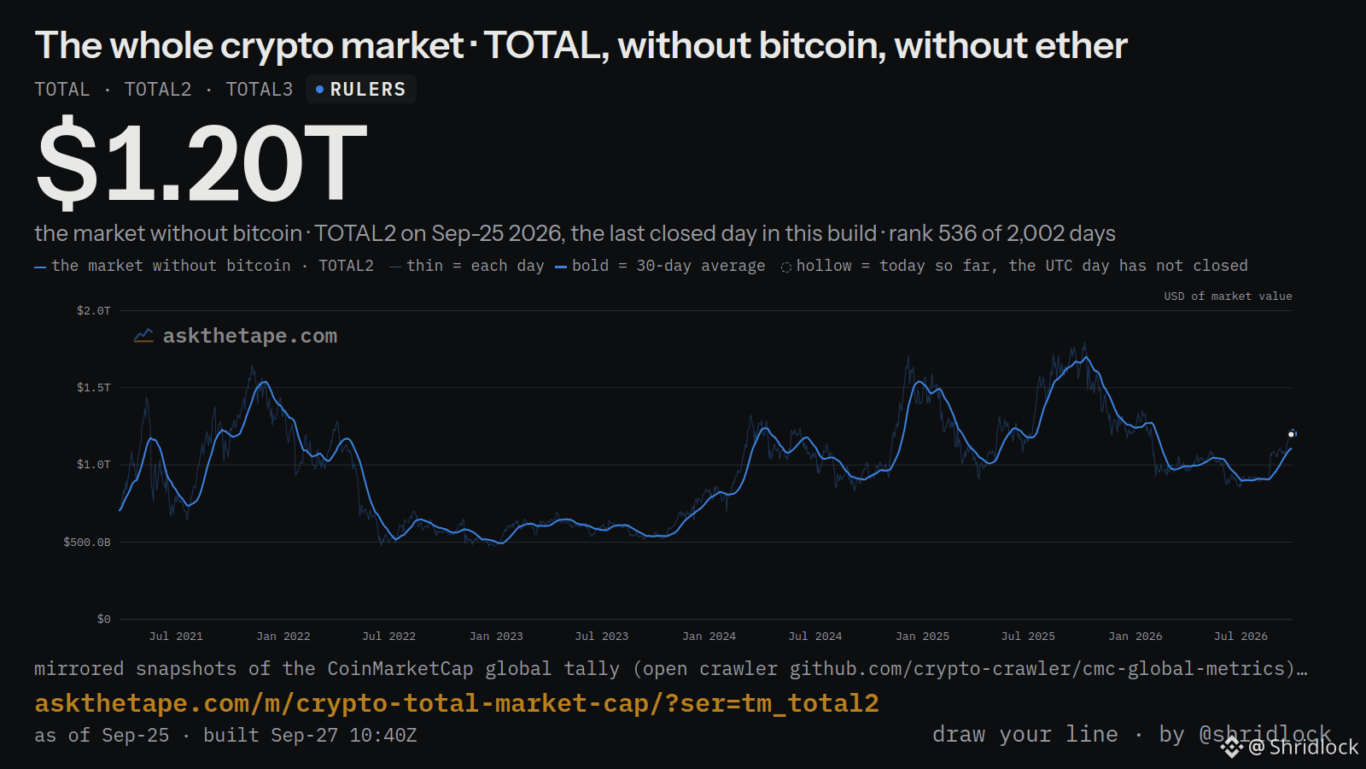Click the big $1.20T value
[201, 162]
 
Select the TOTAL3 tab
[260, 90]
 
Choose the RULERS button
[361, 90]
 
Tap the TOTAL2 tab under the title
[158, 90]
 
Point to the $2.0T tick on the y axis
[93, 311]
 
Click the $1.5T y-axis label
[93, 388]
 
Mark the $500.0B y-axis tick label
[86, 542]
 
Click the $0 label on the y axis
[103, 619]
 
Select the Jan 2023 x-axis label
[496, 636]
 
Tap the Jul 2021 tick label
[176, 636]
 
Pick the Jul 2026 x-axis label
[1240, 636]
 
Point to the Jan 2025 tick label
[922, 636]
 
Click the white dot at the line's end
[1291, 435]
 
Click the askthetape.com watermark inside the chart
[250, 336]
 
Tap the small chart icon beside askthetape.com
[143, 336]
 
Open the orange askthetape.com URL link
[457, 703]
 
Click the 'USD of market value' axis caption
[1228, 296]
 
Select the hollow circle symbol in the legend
[786, 267]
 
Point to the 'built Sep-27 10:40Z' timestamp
[310, 735]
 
